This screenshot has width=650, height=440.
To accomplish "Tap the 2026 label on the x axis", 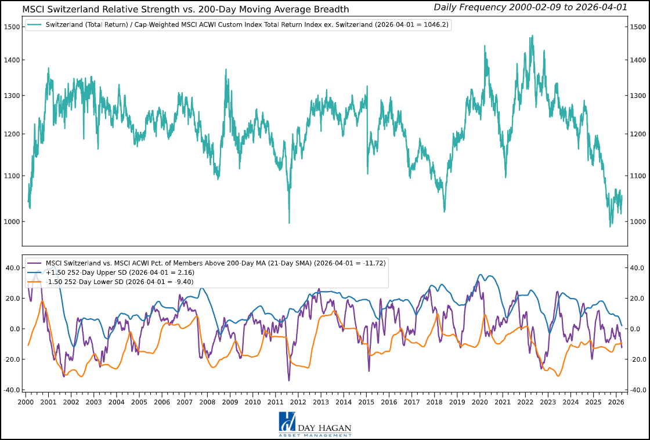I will click(616, 402).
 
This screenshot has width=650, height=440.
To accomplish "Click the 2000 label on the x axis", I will click(26, 402).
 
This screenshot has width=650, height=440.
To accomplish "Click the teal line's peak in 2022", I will click(532, 36).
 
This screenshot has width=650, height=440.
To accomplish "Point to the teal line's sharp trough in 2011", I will click(289, 223).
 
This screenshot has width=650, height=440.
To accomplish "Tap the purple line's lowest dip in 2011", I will click(289, 380).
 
